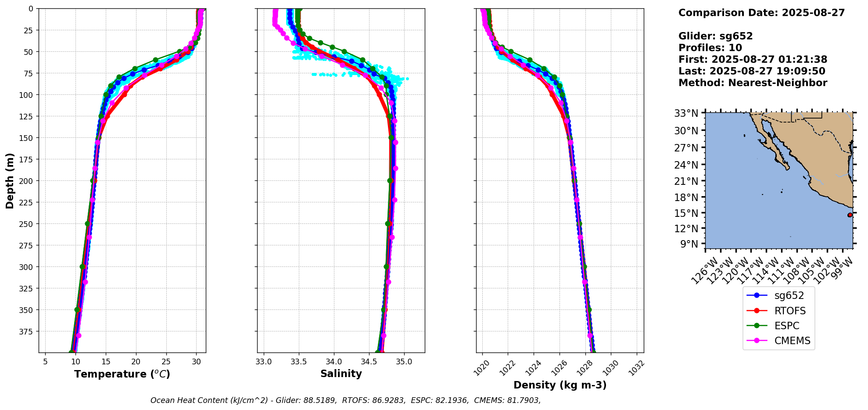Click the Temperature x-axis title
(122, 374)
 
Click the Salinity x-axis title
(341, 374)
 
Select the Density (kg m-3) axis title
(560, 385)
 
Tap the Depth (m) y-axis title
(10, 180)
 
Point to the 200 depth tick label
(26, 181)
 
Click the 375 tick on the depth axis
(26, 331)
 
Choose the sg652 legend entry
(789, 296)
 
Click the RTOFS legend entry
(790, 311)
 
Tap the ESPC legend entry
(787, 326)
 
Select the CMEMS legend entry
(792, 341)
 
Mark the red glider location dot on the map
(850, 215)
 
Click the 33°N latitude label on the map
(686, 113)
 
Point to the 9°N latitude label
(689, 244)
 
